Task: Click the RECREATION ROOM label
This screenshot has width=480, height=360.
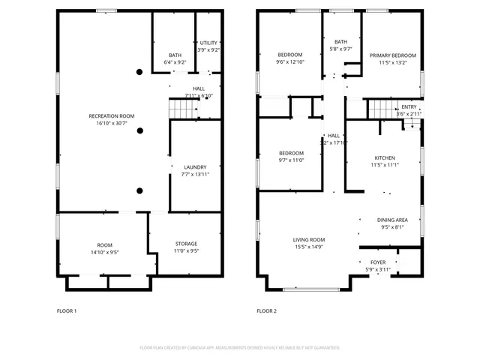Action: [x=112, y=116]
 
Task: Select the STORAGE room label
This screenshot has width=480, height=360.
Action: [x=186, y=244]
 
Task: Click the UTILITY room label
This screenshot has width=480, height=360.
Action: [x=208, y=43]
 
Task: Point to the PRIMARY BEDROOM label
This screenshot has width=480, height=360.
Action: [x=392, y=55]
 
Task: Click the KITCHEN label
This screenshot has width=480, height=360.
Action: [x=384, y=157]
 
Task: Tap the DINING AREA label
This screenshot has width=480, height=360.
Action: [x=392, y=220]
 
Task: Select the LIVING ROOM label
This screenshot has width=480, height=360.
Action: [x=308, y=240]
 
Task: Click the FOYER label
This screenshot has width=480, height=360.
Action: [x=378, y=262]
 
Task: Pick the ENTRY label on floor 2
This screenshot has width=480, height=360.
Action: [x=409, y=106]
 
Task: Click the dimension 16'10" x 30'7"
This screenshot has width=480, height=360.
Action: [x=112, y=123]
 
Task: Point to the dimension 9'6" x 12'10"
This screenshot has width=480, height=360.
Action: [x=290, y=62]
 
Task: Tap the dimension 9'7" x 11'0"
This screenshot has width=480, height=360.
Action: [x=291, y=160]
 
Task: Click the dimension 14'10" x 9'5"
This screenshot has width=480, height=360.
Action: [x=104, y=252]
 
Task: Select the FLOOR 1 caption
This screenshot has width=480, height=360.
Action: [x=67, y=310]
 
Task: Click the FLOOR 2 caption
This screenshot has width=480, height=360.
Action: [x=266, y=310]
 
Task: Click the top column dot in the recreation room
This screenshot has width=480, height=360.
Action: [x=139, y=72]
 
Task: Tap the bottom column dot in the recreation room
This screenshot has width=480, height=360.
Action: [x=139, y=190]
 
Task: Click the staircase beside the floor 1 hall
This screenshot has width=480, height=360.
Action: [x=184, y=109]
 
